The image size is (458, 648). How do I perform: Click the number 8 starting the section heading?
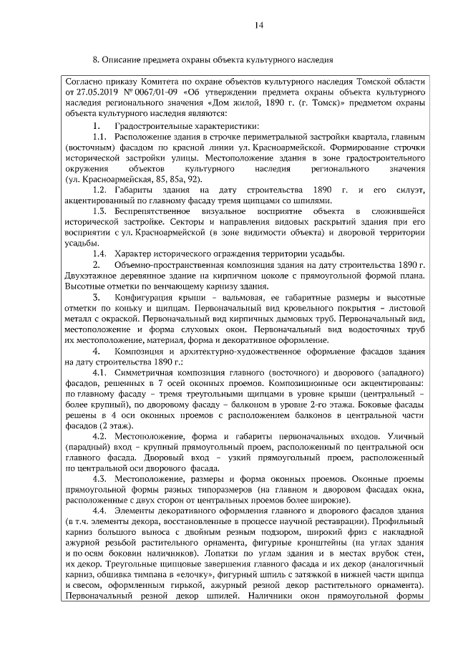95,59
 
